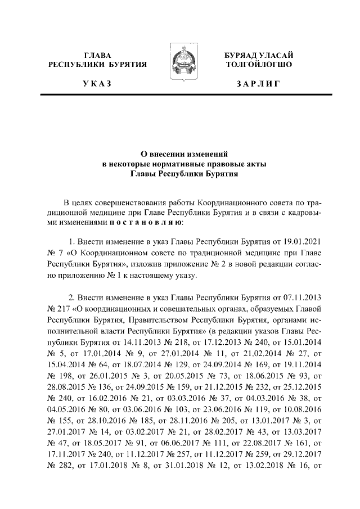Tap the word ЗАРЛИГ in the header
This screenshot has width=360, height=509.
click(258, 84)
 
